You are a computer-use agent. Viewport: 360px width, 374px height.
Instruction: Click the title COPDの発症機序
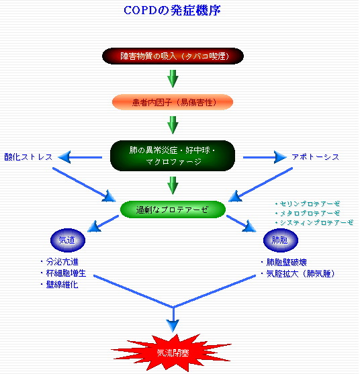click(173, 11)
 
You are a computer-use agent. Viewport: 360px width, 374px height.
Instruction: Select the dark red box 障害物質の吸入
click(173, 56)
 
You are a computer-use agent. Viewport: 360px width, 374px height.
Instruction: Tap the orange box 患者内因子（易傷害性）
click(173, 101)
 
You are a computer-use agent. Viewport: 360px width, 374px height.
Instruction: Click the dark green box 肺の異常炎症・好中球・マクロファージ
click(173, 156)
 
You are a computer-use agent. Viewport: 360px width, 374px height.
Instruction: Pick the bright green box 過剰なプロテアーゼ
click(173, 209)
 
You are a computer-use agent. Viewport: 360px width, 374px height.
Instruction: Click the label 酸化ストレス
click(28, 156)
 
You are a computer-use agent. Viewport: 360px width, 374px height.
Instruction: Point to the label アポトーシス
click(315, 156)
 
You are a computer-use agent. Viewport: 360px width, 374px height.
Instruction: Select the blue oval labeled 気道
click(64, 240)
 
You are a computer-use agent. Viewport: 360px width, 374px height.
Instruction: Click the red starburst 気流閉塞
click(173, 352)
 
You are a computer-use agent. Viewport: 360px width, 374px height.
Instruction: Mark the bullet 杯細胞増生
click(67, 273)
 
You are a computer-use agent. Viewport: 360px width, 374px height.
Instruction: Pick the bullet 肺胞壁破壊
click(287, 262)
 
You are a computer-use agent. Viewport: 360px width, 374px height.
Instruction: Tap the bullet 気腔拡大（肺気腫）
click(300, 273)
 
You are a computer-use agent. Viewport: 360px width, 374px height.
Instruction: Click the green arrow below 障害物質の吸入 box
click(173, 78)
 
